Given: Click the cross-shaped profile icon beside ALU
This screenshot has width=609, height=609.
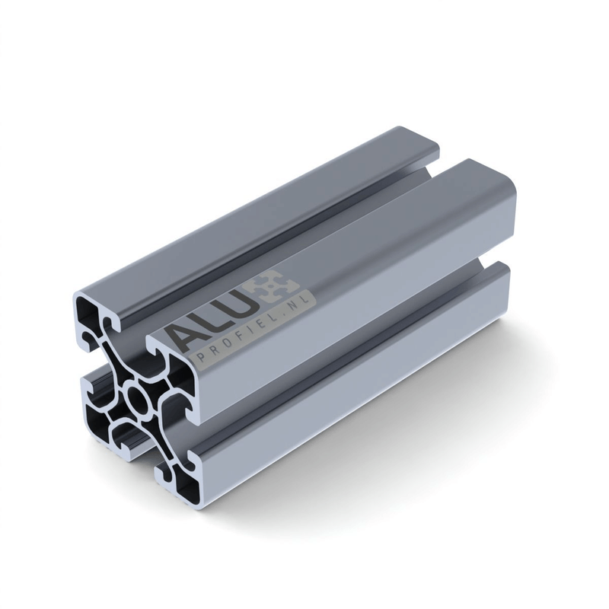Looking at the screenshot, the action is [x=276, y=288].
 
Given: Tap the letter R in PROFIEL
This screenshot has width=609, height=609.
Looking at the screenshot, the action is [x=215, y=351].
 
